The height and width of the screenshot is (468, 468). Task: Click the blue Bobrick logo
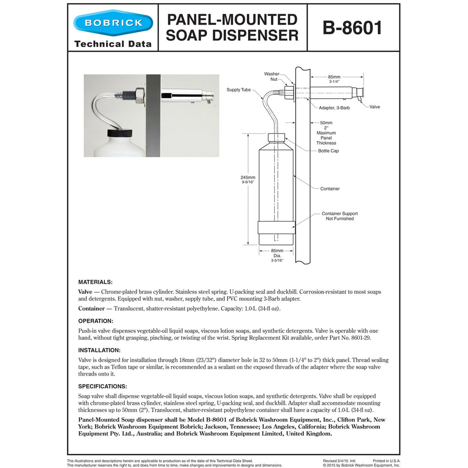tap(112, 23)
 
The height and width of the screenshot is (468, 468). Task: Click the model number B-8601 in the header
tap(352, 28)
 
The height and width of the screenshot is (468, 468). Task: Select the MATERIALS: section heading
tap(95, 282)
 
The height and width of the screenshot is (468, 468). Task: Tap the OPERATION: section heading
tap(96, 321)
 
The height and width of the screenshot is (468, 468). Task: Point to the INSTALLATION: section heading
tap(99, 350)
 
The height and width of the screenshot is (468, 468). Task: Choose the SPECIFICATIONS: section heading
tap(102, 386)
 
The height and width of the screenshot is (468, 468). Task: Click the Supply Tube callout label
tap(239, 90)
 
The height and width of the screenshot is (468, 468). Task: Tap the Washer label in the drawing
tap(271, 74)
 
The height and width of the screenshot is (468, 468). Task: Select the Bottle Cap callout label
tap(328, 151)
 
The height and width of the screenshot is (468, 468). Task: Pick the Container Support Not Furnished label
tap(340, 216)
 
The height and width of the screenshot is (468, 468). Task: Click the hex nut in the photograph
tap(139, 96)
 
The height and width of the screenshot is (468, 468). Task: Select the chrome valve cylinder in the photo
tap(185, 96)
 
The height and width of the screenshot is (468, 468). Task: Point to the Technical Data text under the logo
tap(112, 44)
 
